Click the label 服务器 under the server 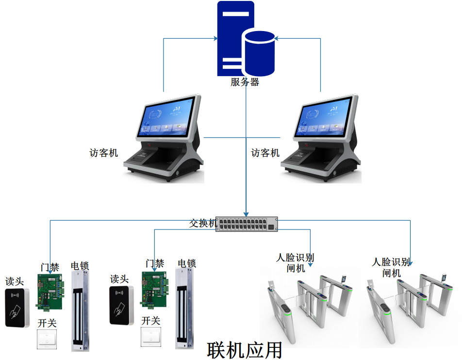[x=245, y=82]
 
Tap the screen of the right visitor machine [x=323, y=116]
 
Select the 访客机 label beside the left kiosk [x=104, y=153]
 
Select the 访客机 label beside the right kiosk [x=265, y=153]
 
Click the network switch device [x=247, y=224]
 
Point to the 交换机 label [x=203, y=224]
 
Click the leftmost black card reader [x=17, y=308]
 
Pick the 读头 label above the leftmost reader [x=15, y=281]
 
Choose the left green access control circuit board [x=50, y=291]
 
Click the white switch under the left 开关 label [x=47, y=339]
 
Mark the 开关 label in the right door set [x=151, y=321]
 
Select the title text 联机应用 [x=245, y=350]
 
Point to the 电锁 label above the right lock [x=187, y=263]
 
